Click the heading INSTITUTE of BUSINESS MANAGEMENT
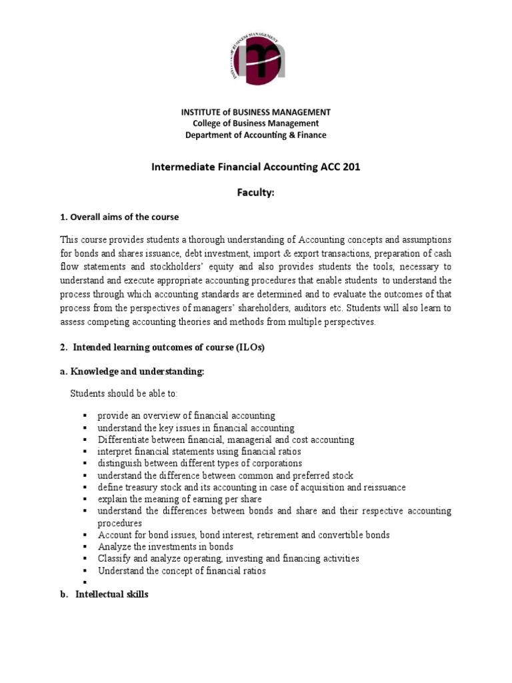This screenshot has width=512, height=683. pos(256,111)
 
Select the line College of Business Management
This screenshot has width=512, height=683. pos(256,123)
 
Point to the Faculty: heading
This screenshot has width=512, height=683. pos(256,193)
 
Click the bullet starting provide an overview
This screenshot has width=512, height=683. pos(186,416)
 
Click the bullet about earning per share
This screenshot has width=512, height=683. pos(179,499)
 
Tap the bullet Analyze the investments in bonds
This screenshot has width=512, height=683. pos(165,546)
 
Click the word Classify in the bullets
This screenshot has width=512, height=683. pos(114,558)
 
